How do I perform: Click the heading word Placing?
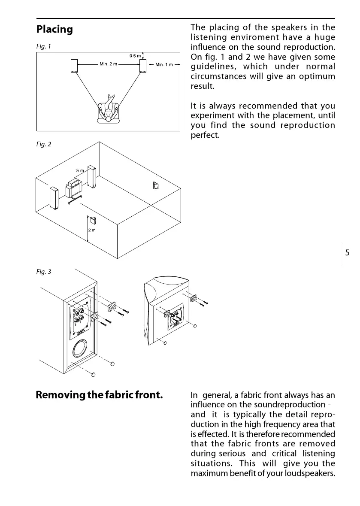point(54,30)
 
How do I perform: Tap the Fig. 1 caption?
point(44,46)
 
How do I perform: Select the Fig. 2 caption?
point(44,145)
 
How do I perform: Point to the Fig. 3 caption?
point(44,272)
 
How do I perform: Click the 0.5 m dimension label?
point(135,56)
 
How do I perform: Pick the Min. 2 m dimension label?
point(108,64)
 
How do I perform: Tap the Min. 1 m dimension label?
point(164,65)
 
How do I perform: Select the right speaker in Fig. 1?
point(143,65)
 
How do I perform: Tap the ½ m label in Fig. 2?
point(79,171)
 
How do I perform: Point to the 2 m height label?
point(91,230)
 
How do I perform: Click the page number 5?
point(347,253)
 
